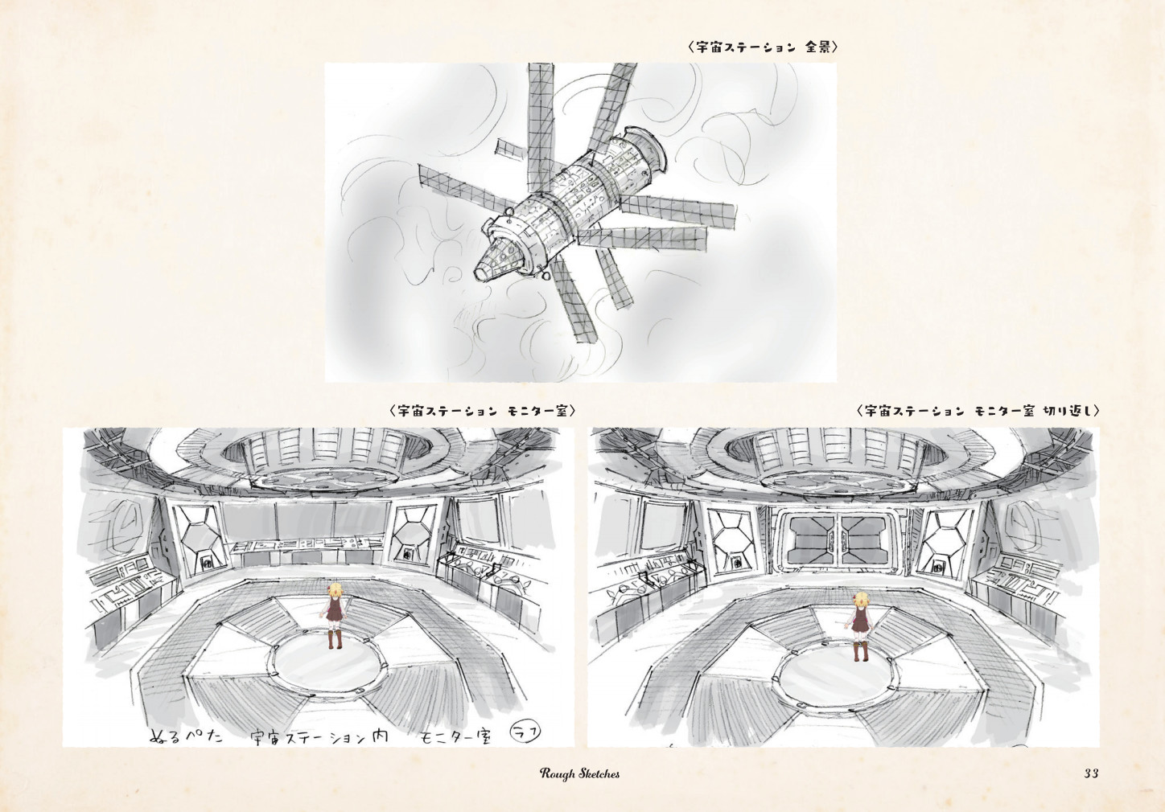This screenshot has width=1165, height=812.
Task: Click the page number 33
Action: (1091, 773)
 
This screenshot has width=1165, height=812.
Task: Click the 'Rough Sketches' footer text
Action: (580, 773)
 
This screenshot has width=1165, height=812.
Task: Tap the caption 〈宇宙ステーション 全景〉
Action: (763, 47)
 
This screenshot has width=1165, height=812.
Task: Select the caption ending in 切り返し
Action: (978, 411)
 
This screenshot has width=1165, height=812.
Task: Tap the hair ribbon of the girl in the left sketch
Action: (330, 589)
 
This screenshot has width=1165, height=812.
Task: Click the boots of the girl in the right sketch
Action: (860, 652)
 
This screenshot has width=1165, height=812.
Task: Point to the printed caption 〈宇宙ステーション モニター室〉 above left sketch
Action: (482, 411)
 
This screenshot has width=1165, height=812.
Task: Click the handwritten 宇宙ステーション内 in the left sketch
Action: (319, 737)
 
